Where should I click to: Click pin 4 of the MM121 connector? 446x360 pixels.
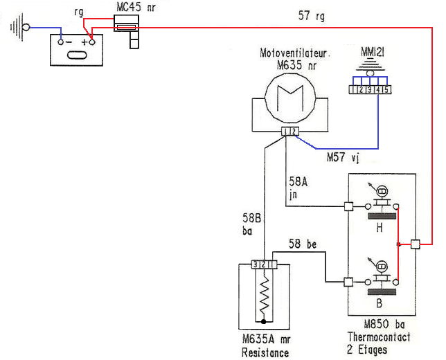(377, 89)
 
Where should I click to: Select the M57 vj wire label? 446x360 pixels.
(343, 159)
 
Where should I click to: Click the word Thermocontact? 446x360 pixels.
(379, 337)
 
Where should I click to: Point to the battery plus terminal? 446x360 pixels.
(89, 42)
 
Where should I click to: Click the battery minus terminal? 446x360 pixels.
(62, 42)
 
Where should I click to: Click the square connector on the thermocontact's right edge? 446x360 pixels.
(415, 244)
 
